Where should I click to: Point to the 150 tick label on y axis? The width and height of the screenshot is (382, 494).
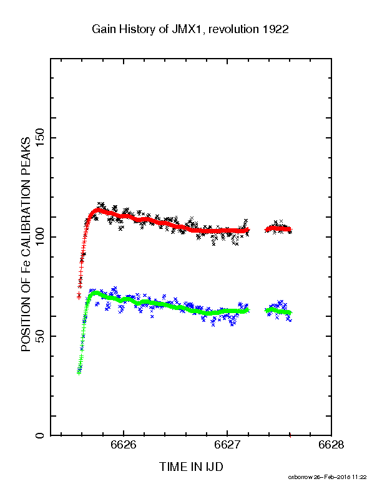[x=41, y=138]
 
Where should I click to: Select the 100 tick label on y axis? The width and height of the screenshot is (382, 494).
[x=41, y=237]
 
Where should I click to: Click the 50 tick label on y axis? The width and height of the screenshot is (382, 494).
[x=41, y=336]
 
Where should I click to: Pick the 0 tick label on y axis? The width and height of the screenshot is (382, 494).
[x=41, y=435]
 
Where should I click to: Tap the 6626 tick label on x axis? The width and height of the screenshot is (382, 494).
[x=124, y=445]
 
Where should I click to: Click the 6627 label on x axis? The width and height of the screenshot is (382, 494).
[x=227, y=445]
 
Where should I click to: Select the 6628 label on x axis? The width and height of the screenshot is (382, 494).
[x=331, y=445]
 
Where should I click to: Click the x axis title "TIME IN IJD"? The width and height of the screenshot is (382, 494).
[x=191, y=467]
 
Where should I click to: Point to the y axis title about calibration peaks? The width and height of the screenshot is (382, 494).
[x=26, y=245]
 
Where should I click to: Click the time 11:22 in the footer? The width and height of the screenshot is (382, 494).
[x=360, y=477]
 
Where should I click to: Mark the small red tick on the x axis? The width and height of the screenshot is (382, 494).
[x=290, y=436]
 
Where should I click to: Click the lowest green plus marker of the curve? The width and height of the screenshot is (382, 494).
[x=79, y=372]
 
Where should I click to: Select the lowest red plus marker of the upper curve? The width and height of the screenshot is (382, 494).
[x=79, y=297]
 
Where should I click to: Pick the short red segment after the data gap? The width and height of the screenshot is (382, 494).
[x=278, y=229]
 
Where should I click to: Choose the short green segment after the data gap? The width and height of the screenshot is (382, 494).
[x=278, y=311]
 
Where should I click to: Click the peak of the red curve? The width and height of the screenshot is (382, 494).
[x=98, y=210]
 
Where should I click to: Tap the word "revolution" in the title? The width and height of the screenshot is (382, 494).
[x=234, y=29]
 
